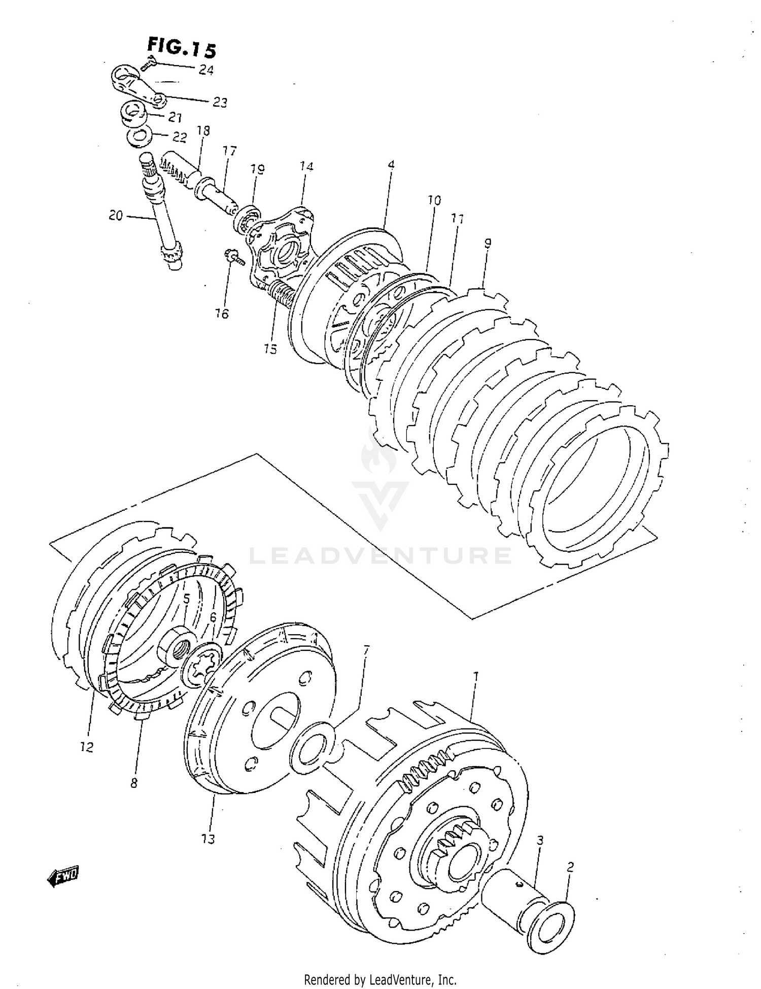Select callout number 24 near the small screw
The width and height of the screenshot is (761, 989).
[x=205, y=70]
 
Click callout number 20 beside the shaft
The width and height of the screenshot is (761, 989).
[x=116, y=216]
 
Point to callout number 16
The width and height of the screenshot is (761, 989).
[x=222, y=313]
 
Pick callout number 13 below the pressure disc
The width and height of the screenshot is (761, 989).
[x=208, y=838]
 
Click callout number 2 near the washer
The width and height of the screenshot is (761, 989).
[x=570, y=867]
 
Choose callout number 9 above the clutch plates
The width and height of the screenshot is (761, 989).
[x=488, y=243]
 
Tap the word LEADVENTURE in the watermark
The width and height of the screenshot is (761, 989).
[x=380, y=555]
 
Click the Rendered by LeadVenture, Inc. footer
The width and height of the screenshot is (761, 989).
[x=380, y=979]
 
